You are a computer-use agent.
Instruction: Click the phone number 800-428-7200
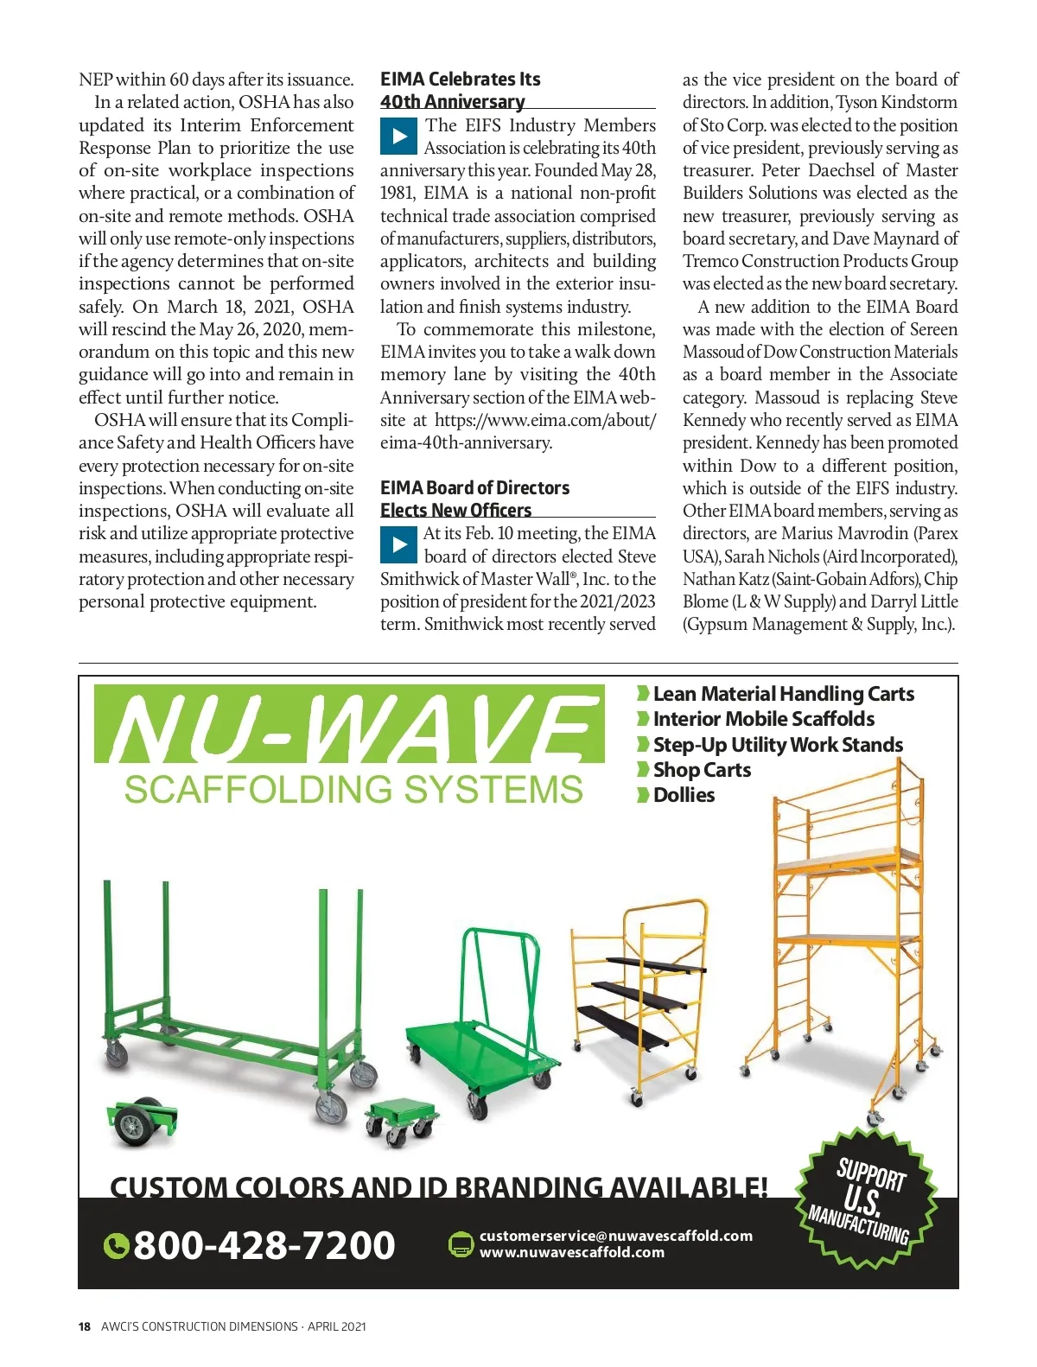coord(264,1245)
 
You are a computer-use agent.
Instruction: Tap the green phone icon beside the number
coord(116,1246)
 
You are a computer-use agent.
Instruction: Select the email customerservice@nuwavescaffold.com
coord(615,1236)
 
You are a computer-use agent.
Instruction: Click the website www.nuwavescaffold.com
coord(572,1252)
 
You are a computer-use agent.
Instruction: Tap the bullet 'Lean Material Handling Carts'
coord(782,694)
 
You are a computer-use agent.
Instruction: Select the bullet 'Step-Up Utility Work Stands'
coord(777,745)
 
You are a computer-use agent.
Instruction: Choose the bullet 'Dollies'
coord(683,795)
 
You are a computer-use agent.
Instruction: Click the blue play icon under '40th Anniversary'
coord(398,137)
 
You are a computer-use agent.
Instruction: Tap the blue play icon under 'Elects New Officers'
coord(398,544)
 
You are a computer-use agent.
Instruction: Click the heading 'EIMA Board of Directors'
coord(474,487)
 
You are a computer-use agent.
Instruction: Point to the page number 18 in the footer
coord(85,1326)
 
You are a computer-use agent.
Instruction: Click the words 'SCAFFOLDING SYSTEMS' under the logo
coord(353,790)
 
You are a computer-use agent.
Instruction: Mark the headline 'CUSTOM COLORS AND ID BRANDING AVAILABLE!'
coord(438,1186)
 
